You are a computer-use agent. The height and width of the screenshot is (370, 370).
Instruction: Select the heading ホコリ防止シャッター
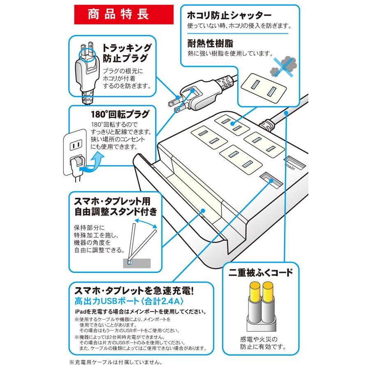[229, 16]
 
